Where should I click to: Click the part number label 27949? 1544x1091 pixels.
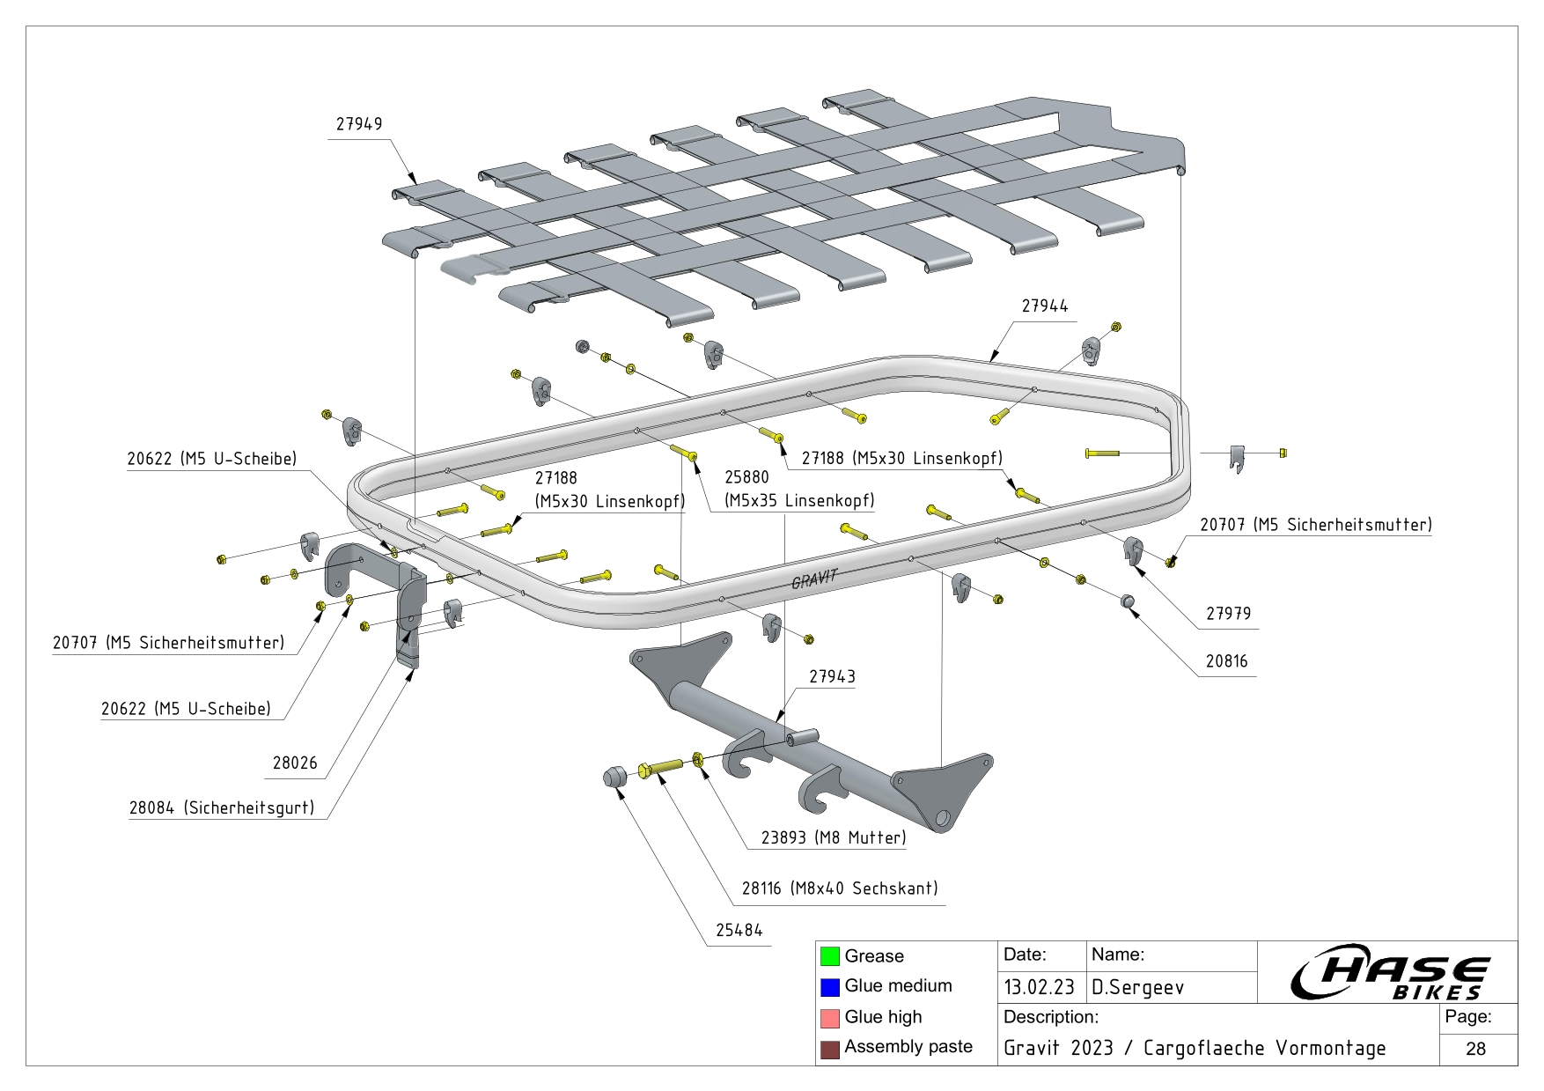(359, 124)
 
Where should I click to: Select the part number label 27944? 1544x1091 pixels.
(1045, 306)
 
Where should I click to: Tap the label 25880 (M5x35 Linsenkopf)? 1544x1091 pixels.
(799, 490)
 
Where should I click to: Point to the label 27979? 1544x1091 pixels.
(1228, 614)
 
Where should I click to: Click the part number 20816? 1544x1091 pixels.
(1226, 661)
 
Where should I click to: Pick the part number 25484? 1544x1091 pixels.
(739, 931)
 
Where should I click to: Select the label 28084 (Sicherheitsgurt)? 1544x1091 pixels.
(222, 807)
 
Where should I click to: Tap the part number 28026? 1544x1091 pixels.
(295, 763)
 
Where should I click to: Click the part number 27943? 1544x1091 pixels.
(832, 676)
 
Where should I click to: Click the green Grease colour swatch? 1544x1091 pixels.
(829, 956)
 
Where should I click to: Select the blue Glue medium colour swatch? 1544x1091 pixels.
(829, 987)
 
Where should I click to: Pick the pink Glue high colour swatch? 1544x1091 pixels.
(829, 1018)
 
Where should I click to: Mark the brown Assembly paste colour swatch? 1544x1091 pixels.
(829, 1049)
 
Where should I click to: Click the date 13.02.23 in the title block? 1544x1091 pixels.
(1039, 987)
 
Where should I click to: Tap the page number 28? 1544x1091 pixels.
(1476, 1049)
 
